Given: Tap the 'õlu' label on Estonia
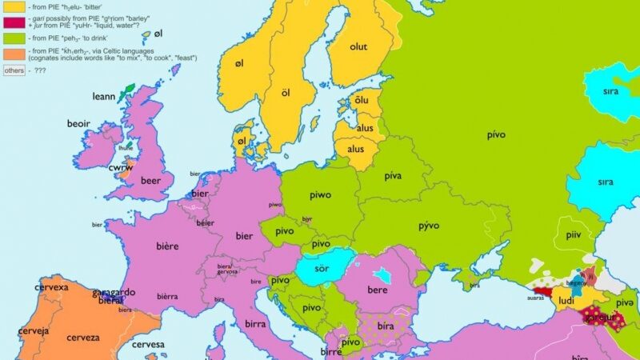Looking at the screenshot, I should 362,100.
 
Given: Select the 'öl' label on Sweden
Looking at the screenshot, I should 284,94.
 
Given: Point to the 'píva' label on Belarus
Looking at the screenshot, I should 393,175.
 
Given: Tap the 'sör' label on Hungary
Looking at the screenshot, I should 321,267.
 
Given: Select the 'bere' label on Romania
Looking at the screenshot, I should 377,289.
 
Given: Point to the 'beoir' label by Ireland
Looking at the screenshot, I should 78,125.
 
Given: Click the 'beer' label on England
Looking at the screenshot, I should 151,182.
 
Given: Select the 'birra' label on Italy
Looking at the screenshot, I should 255,325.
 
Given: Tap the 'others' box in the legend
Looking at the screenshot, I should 14,70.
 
